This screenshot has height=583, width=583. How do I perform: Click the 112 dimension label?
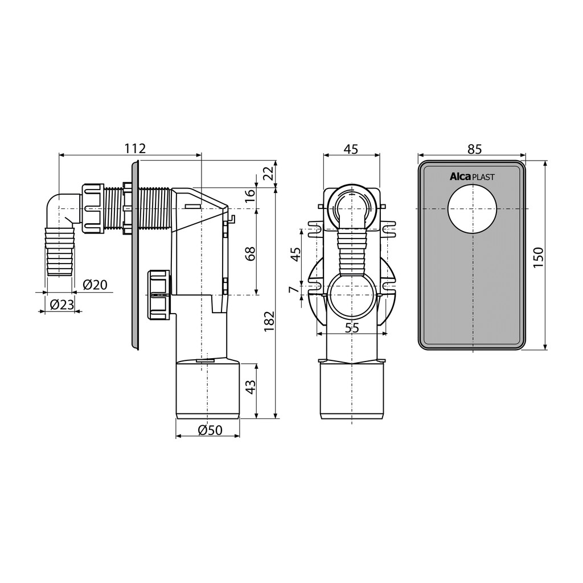tap(134, 148)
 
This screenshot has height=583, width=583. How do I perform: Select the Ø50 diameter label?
tap(210, 430)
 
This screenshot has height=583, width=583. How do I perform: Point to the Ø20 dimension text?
tap(95, 285)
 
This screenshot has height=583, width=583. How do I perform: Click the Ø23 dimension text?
tap(61, 305)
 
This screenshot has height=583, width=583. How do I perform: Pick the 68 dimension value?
tap(251, 253)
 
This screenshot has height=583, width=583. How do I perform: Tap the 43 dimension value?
tap(251, 387)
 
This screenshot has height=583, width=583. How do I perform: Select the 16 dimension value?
tap(251, 194)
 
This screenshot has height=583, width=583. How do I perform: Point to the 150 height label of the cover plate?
tap(539, 257)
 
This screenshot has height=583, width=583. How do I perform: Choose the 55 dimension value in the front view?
tap(352, 328)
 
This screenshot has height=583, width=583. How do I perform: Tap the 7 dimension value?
tap(294, 289)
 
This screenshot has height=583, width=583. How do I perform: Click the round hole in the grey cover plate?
tap(472, 210)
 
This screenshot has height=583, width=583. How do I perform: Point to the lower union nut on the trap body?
tap(159, 294)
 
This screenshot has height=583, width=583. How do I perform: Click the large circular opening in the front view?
tap(351, 295)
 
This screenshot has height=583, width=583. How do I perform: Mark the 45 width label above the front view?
tap(351, 149)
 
